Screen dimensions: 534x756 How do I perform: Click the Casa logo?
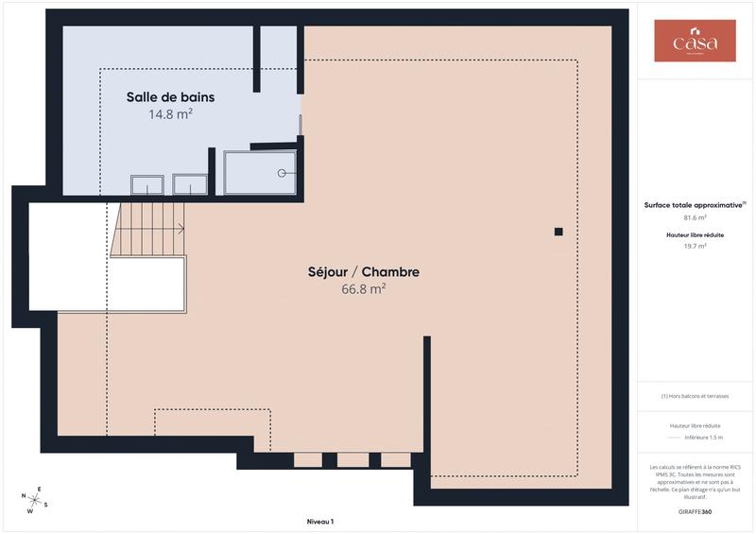(695, 42)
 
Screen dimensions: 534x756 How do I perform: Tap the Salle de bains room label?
(171, 97)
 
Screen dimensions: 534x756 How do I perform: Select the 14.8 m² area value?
(171, 114)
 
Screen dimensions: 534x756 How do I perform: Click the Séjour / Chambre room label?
(363, 272)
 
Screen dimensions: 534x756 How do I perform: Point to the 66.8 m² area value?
(363, 289)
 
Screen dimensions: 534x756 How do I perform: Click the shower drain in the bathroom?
(281, 173)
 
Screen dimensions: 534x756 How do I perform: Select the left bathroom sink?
(146, 185)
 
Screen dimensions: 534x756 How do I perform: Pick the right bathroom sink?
(190, 185)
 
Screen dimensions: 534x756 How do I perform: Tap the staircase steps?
(149, 232)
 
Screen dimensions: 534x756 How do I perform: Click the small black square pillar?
(558, 232)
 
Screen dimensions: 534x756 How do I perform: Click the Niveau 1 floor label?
(320, 522)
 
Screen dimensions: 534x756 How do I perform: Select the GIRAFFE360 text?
(695, 511)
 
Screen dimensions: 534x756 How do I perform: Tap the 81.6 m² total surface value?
(695, 217)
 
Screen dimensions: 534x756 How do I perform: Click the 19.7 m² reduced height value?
(695, 246)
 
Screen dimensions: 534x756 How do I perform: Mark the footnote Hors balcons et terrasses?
(695, 396)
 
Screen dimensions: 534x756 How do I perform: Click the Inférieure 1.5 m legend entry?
(703, 438)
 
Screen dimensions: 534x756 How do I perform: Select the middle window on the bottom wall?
(352, 460)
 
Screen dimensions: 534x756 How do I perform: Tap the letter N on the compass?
(24, 496)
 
